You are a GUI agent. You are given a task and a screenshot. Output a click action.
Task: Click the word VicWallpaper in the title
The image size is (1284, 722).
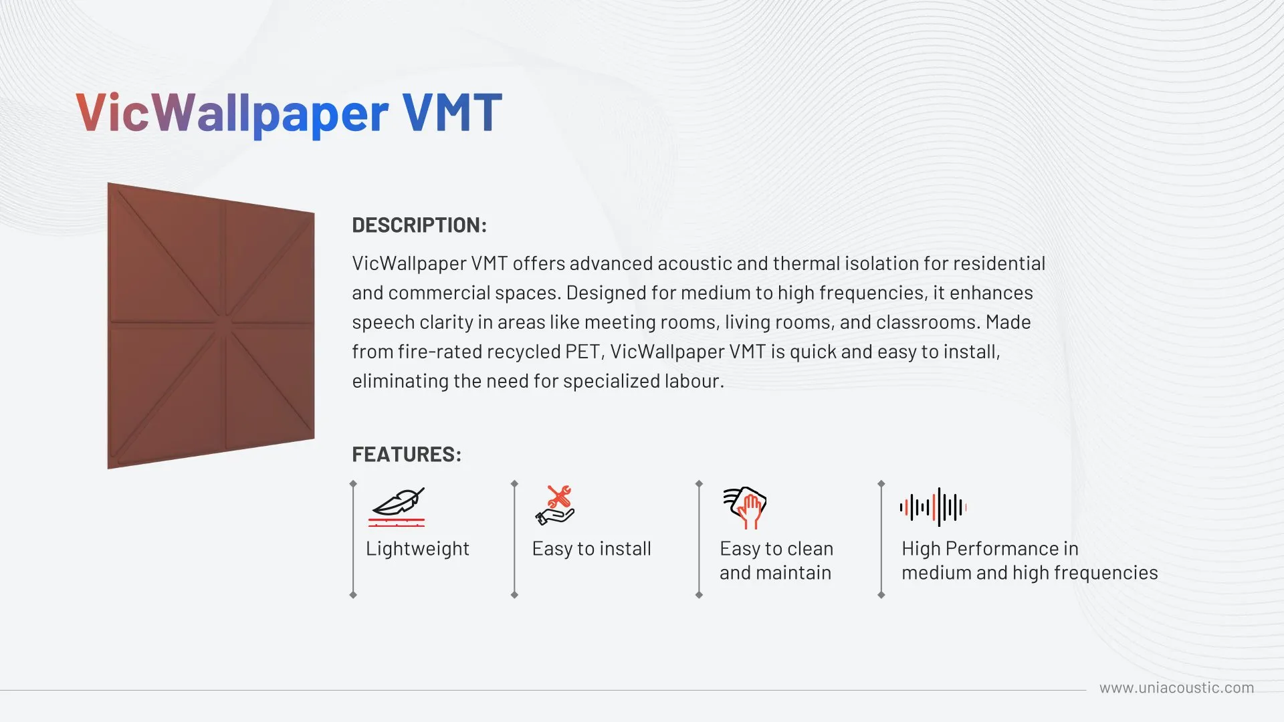232,112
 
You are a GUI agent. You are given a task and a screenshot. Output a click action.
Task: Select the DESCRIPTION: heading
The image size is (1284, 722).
419,225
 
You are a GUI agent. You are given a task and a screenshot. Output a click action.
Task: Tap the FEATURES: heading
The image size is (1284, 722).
407,455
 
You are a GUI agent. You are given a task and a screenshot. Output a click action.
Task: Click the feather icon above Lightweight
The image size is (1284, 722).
397,507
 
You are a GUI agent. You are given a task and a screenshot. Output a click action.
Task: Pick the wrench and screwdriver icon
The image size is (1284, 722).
555,505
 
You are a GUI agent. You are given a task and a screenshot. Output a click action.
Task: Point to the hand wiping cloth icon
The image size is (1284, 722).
744,507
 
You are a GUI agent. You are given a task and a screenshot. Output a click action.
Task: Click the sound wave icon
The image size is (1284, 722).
933,507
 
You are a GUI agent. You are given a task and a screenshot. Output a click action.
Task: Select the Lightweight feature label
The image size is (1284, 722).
417,550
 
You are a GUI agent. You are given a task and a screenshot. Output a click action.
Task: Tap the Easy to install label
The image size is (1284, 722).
591,549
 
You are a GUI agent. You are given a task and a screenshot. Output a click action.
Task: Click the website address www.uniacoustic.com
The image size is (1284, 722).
1176,688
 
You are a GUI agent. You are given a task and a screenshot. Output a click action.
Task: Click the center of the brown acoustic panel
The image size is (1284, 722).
211,326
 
